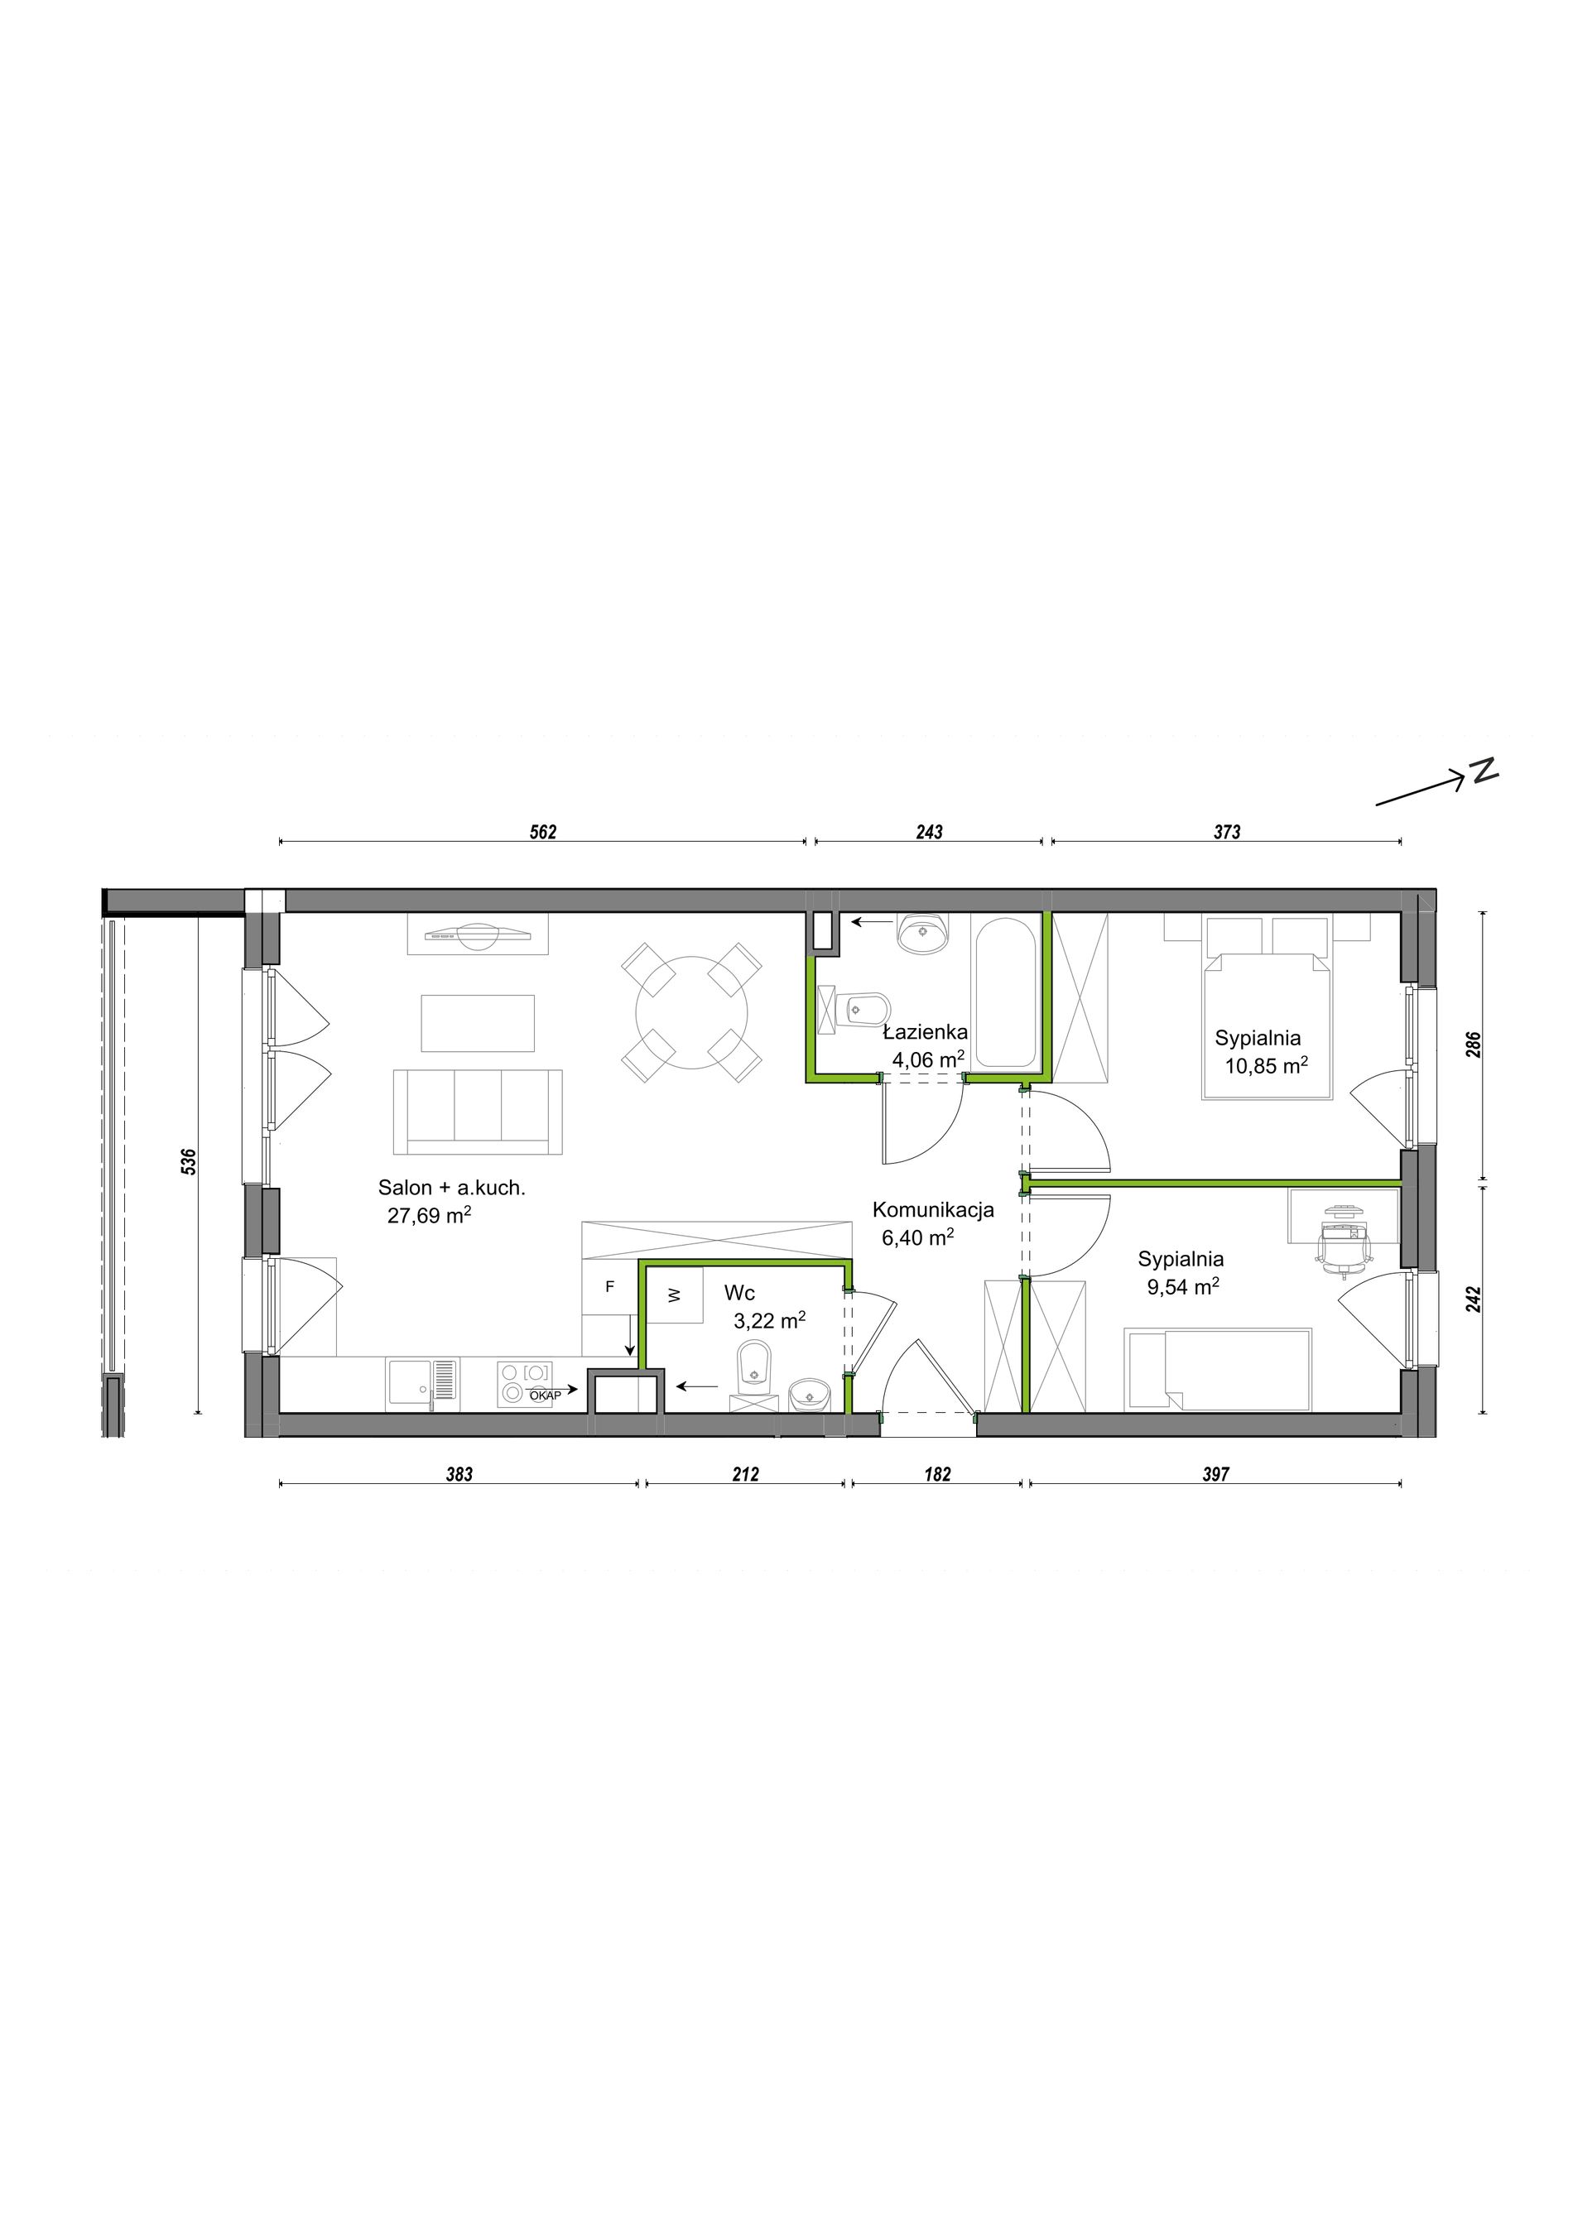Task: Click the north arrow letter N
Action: coord(1484,770)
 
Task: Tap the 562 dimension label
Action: coord(543,832)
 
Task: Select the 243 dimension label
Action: coord(929,832)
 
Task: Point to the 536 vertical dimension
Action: coord(190,1161)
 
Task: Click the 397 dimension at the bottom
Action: coord(1215,1474)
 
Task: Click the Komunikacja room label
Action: coord(933,1210)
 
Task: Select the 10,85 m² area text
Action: coord(1266,1065)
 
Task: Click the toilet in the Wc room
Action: coord(753,1366)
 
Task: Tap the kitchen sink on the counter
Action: coord(422,1381)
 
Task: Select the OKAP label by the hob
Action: coord(546,1394)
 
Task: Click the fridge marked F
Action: coord(609,1287)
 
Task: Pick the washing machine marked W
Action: coord(675,1295)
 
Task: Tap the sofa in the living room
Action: coord(478,1112)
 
